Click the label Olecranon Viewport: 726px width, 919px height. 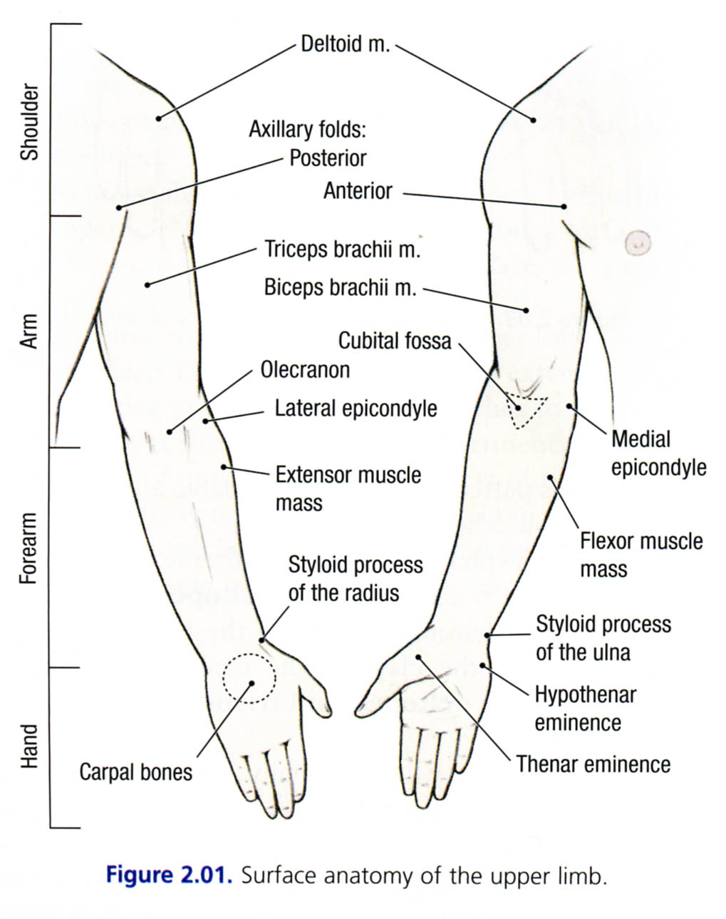[x=305, y=370]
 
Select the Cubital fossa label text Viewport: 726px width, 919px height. [x=394, y=341]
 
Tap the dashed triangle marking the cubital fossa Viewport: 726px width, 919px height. [x=524, y=410]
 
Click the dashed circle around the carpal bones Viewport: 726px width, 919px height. [x=248, y=679]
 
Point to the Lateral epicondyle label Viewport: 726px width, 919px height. [x=356, y=409]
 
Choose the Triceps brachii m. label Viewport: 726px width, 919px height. [x=343, y=250]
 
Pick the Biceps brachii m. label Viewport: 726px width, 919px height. [x=340, y=288]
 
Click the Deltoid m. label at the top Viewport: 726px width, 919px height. [x=345, y=44]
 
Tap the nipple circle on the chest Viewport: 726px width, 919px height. [x=638, y=243]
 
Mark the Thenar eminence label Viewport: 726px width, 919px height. [x=593, y=764]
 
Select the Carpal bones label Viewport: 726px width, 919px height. [x=135, y=771]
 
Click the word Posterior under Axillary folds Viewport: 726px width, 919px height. [x=327, y=158]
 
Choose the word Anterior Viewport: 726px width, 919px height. [x=358, y=191]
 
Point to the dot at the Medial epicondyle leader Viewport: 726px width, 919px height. [x=569, y=406]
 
